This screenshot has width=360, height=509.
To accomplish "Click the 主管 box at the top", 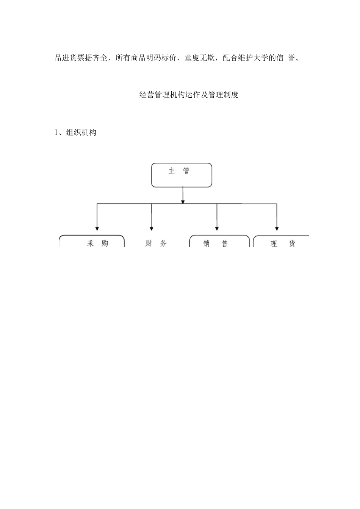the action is (182, 175).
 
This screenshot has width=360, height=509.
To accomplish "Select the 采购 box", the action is (92, 242).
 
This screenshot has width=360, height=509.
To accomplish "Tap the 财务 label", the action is (156, 244).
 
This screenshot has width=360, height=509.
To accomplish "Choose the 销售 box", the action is (219, 242).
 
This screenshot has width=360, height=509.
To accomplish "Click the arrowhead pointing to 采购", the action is (97, 228).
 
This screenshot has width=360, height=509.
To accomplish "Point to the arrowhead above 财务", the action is (152, 228).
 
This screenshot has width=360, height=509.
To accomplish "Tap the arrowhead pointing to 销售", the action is (217, 228).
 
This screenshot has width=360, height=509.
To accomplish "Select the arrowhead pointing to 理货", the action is (277, 228).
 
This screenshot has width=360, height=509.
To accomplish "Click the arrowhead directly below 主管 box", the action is (183, 201).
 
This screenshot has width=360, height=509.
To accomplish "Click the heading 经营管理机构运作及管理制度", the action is (189, 95).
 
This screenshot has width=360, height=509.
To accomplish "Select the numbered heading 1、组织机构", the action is (75, 133).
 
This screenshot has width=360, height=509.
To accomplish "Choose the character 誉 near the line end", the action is (291, 58).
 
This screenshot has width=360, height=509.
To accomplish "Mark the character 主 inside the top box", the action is (172, 171).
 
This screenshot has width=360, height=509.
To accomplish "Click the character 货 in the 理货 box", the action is (292, 244).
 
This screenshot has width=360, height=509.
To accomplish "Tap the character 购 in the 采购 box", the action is (105, 244).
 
